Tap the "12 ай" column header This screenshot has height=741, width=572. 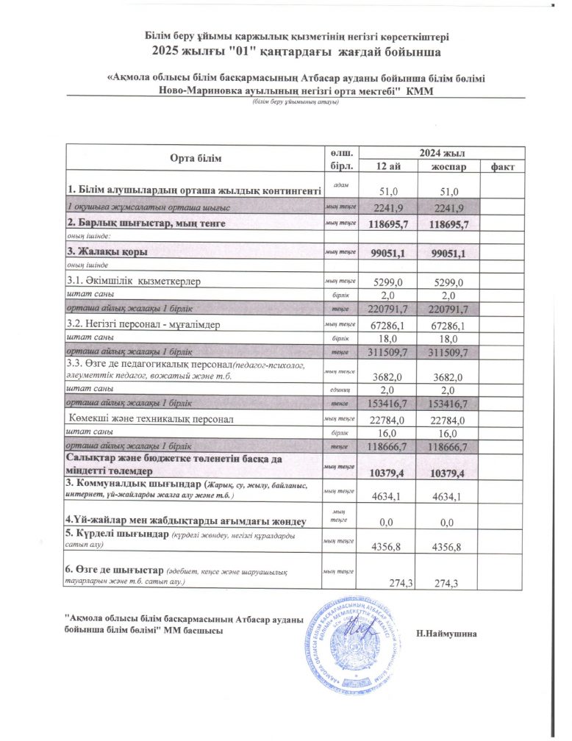pyautogui.click(x=387, y=166)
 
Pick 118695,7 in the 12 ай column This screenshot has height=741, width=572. pyautogui.click(x=387, y=222)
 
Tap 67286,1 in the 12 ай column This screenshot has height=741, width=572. pyautogui.click(x=387, y=325)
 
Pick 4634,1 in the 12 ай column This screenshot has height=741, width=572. pyautogui.click(x=387, y=498)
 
